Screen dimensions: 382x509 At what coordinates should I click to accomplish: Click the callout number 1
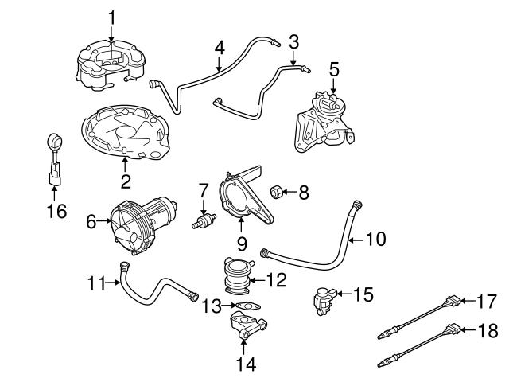(111, 15)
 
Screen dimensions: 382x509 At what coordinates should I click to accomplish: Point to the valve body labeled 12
(239, 280)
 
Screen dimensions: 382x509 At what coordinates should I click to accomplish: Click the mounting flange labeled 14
(246, 325)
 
